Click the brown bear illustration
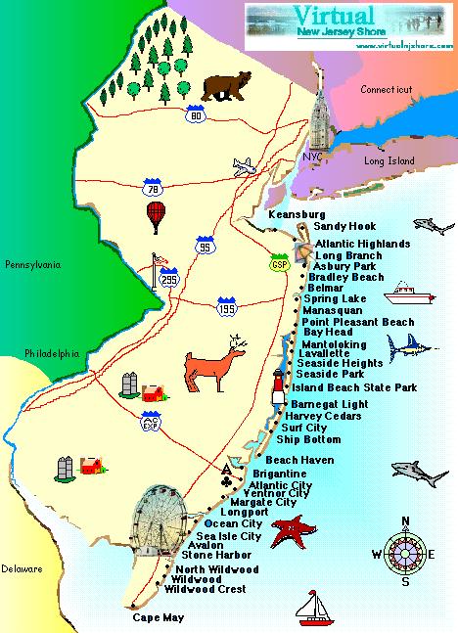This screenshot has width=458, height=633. pyautogui.click(x=224, y=87)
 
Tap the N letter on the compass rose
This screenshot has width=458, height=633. pyautogui.click(x=406, y=520)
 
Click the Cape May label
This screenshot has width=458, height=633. pyautogui.click(x=158, y=618)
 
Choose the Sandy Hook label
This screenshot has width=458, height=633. pyautogui.click(x=338, y=226)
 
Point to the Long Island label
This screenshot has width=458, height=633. pyautogui.click(x=387, y=160)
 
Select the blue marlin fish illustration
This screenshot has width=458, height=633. pyautogui.click(x=410, y=345)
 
